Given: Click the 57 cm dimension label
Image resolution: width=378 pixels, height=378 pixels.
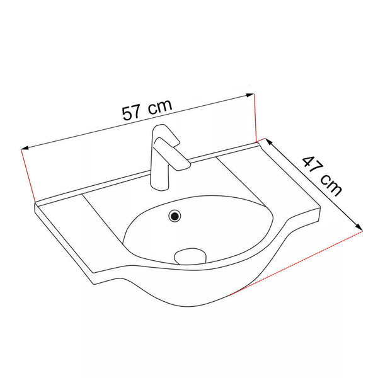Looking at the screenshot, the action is pyautogui.click(x=147, y=110).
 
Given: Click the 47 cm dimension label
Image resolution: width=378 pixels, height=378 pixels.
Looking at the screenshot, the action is pyautogui.click(x=323, y=176).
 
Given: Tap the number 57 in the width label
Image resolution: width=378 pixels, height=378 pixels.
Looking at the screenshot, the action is pyautogui.click(x=131, y=113).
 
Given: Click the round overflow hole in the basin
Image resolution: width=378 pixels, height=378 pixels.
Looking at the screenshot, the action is pyautogui.click(x=175, y=215).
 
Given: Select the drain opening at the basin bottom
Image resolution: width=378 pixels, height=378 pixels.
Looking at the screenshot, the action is pyautogui.click(x=190, y=256).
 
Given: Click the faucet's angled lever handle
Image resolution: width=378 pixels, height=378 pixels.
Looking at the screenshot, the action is pyautogui.click(x=172, y=154).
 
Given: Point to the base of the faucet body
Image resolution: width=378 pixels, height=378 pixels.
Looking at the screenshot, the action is pyautogui.click(x=159, y=186).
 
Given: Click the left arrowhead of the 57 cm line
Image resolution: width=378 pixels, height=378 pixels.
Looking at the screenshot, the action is pyautogui.click(x=25, y=148).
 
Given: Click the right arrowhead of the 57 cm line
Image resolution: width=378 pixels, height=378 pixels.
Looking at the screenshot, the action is pyautogui.click(x=250, y=95).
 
